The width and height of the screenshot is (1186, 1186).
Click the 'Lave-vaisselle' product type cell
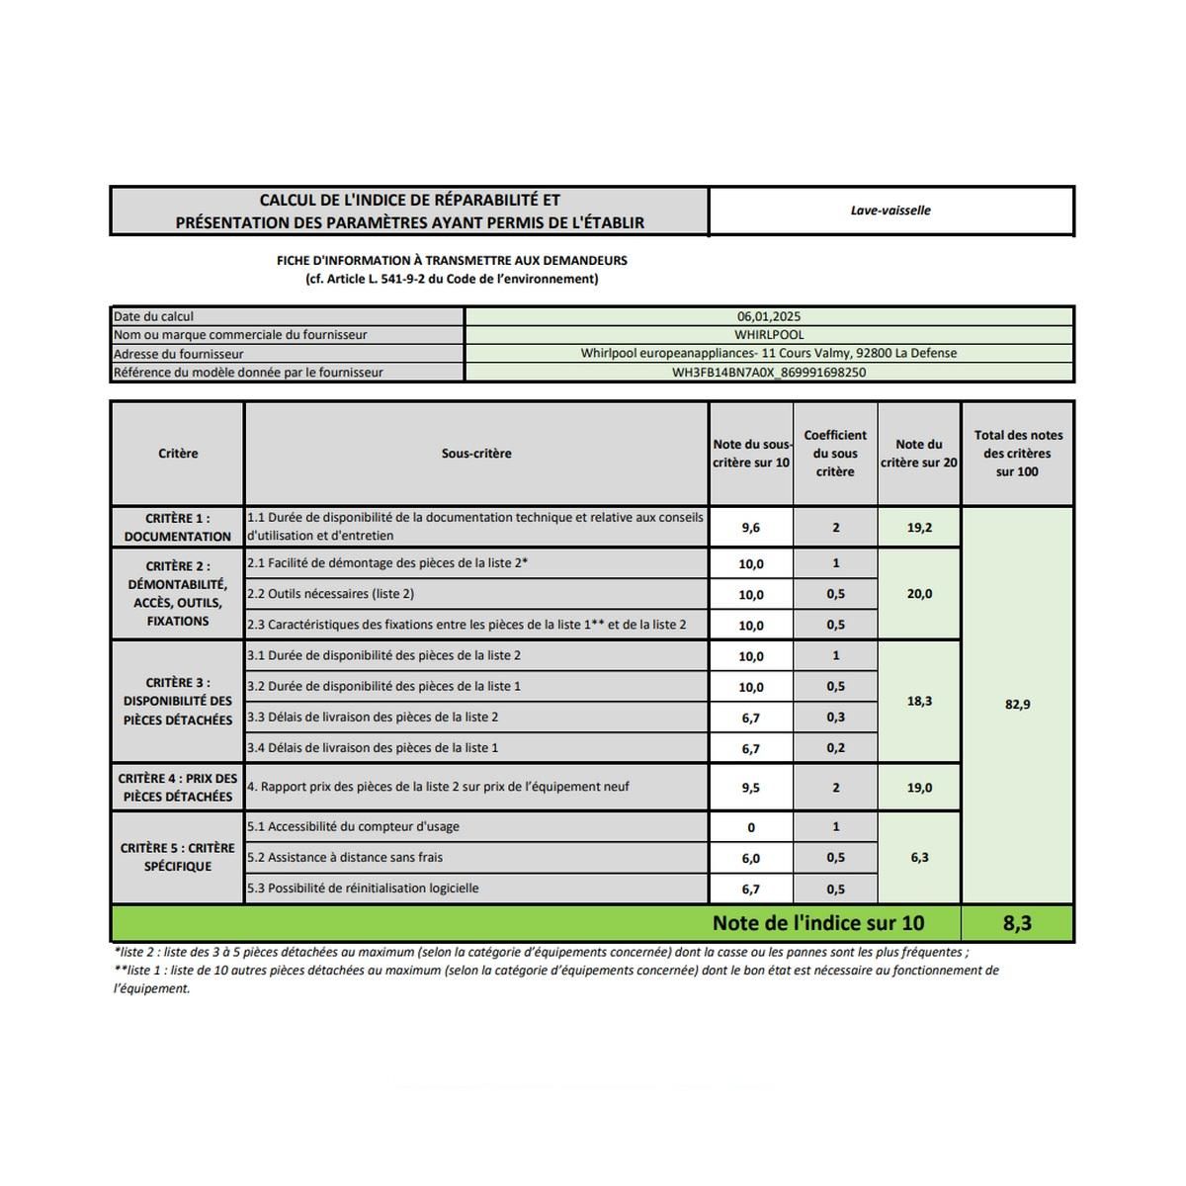pos(890,211)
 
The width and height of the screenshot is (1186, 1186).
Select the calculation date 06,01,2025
pos(769,316)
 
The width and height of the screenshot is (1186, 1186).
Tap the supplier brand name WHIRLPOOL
pos(769,335)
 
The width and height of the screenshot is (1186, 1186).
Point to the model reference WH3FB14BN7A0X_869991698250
pos(769,373)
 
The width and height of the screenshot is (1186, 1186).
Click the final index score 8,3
pos(1017,923)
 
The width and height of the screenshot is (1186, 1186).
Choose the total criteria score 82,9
pos(1017,705)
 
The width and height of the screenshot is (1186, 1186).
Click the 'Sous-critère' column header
pos(476,454)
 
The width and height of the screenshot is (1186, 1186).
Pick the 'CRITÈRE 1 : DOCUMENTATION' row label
pos(178,527)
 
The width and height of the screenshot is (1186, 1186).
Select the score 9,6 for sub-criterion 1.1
pos(751,528)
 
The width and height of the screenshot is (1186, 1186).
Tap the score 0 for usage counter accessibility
pos(751,828)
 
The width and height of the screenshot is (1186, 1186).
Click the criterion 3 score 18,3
pos(919,701)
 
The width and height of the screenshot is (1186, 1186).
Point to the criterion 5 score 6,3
pos(919,857)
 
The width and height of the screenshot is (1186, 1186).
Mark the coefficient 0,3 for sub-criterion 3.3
pos(835,718)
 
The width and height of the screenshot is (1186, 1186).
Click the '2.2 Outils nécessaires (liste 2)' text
pos(331,594)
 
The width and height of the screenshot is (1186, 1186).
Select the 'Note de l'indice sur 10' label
pos(818,923)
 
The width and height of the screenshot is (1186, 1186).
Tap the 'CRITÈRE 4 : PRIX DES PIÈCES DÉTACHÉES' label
pos(178,787)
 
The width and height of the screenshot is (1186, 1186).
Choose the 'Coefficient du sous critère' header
pos(835,454)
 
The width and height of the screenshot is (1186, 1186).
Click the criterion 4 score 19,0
pos(919,788)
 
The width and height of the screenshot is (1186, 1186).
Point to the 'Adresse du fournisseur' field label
pos(179,354)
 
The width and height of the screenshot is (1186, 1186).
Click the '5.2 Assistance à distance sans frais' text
pos(345,858)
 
